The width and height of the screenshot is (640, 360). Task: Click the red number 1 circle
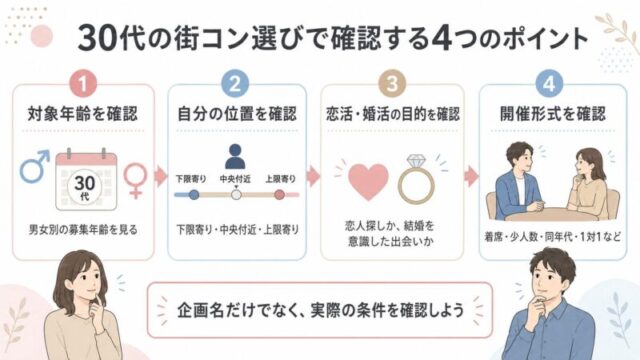(x=83, y=84)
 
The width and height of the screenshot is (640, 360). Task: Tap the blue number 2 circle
(x=235, y=84)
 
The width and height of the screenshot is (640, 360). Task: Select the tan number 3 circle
(x=392, y=84)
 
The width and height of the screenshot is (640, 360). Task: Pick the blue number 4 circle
(x=549, y=84)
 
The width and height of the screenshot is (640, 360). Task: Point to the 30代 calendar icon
(x=86, y=180)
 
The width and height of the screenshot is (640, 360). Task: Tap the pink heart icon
(x=368, y=181)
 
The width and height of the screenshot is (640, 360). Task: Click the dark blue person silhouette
(x=235, y=156)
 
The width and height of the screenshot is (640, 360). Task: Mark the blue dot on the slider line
(x=194, y=195)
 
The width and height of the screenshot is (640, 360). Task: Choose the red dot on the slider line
(x=280, y=195)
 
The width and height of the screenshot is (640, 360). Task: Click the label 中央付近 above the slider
(x=235, y=179)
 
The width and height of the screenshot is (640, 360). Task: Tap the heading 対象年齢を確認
(x=83, y=114)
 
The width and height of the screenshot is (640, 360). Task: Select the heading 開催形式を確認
(x=553, y=114)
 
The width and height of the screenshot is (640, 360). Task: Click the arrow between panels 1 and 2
(x=161, y=176)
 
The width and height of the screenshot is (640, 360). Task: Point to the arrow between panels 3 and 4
(x=471, y=176)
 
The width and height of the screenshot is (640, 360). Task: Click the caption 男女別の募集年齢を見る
(x=83, y=230)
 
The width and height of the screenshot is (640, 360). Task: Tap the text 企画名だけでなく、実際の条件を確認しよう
(x=320, y=310)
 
